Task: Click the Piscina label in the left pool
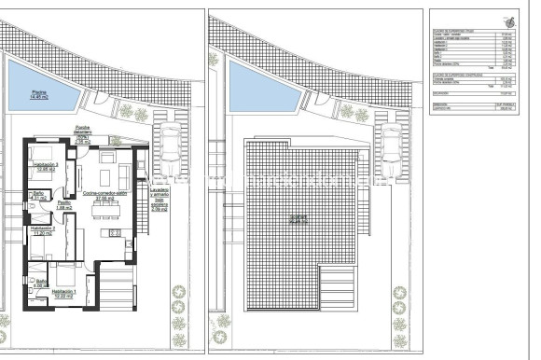[38, 94]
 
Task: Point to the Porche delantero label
[109, 132]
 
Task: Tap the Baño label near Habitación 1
[41, 283]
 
